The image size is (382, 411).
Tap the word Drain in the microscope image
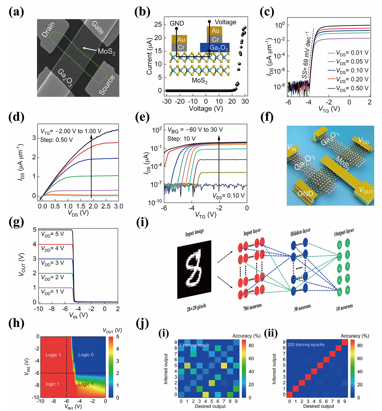coord(49,30)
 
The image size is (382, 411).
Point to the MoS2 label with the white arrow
coord(106,51)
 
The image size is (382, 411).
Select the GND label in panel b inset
coord(177,23)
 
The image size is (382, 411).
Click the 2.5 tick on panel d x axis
coord(106,206)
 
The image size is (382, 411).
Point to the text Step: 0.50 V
coord(56,140)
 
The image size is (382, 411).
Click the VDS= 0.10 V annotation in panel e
coord(229,196)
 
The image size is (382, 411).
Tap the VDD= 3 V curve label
coord(53,263)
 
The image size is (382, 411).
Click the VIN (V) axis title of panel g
coord(78,315)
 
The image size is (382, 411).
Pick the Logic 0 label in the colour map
coord(86,355)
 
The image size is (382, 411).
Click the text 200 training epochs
coord(306,345)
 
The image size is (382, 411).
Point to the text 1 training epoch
coord(194,345)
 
